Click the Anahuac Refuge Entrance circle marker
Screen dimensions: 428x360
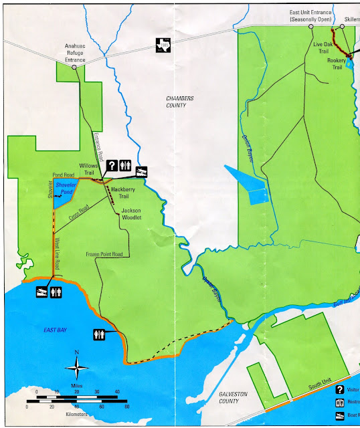click(x=74, y=68)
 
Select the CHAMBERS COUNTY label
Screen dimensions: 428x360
click(x=179, y=102)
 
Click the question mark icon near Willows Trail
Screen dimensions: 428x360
click(x=112, y=165)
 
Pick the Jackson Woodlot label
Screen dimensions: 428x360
click(x=134, y=213)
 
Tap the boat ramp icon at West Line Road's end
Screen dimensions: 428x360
click(x=39, y=293)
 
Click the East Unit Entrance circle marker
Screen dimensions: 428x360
click(x=310, y=27)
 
